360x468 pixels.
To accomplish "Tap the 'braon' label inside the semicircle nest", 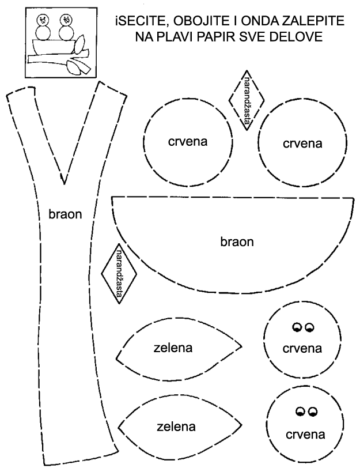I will pos(237,241).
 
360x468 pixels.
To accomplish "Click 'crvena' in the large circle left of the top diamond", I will pos(188,141).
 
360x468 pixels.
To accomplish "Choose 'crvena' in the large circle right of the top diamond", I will pos(302,143).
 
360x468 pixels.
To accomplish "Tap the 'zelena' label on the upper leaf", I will pos(173,348).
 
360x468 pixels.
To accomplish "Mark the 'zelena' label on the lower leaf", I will pos(176,427).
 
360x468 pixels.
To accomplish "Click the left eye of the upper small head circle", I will pos(297,327).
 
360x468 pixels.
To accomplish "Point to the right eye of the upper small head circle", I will pos(309,327).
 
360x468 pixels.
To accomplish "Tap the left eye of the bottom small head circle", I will pos(300,411).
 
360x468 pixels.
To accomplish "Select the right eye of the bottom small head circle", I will pos(313,411).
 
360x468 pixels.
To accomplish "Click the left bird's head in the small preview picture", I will pos(43,20).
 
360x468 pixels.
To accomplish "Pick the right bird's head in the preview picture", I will pos(66,20).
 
